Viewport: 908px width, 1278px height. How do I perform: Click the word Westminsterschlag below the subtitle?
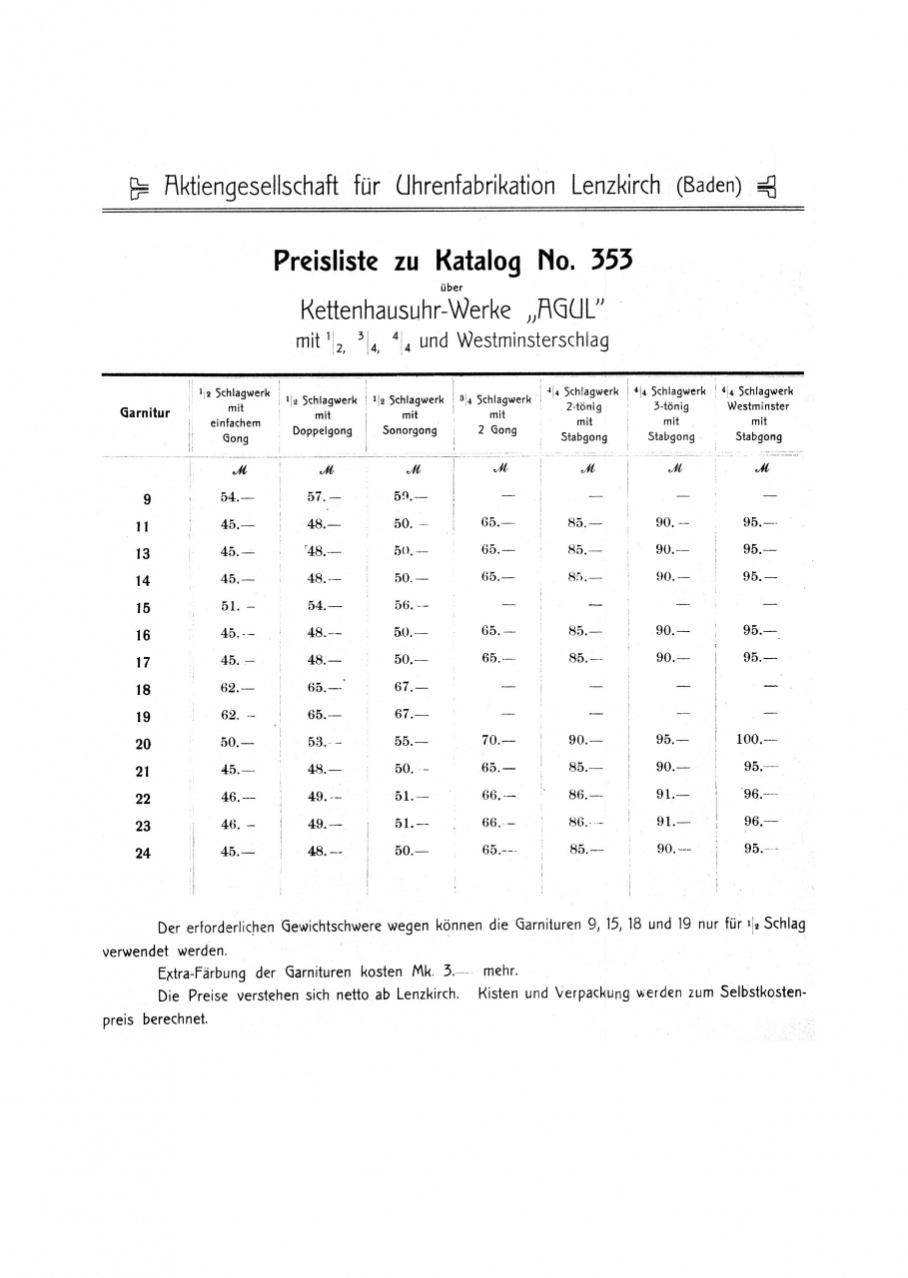pyautogui.click(x=532, y=340)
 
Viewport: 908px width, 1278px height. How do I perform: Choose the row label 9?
pyautogui.click(x=146, y=499)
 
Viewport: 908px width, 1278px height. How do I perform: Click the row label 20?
pyautogui.click(x=144, y=744)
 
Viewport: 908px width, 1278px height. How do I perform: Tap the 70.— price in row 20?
pyautogui.click(x=497, y=741)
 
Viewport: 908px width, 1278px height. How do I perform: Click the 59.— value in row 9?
pyautogui.click(x=411, y=496)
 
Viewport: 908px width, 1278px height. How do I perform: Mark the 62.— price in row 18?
pyautogui.click(x=237, y=687)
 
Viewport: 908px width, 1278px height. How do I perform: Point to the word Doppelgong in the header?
pyautogui.click(x=323, y=431)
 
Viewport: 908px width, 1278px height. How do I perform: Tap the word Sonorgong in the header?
pyautogui.click(x=410, y=431)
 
